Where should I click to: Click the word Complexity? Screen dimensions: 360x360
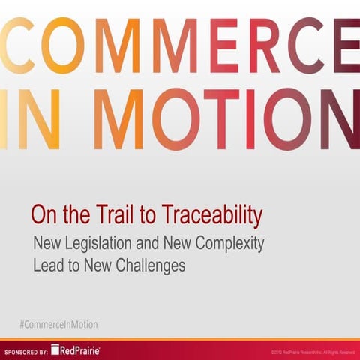tap(229, 244)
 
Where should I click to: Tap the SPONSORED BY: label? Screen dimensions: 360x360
tap(26, 351)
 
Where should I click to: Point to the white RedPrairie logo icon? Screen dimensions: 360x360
tap(56, 350)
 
